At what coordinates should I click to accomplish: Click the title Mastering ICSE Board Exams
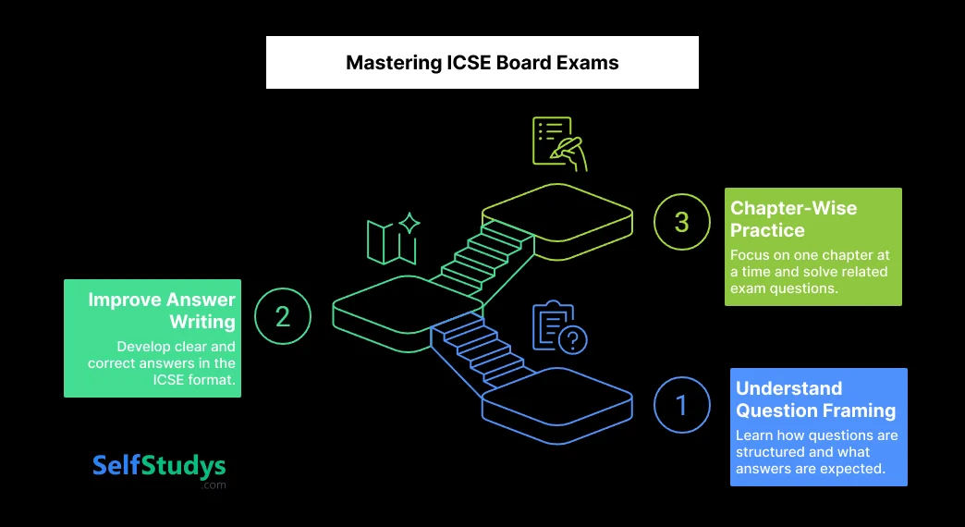click(x=482, y=63)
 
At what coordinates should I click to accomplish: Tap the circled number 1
click(x=682, y=405)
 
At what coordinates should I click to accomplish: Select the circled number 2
click(x=283, y=316)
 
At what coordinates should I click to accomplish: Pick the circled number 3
click(x=682, y=222)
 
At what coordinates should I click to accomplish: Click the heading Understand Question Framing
click(x=815, y=399)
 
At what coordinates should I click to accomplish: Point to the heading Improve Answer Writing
click(x=162, y=311)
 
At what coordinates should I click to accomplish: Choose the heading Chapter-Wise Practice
click(x=793, y=219)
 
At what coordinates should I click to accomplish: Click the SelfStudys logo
click(x=159, y=466)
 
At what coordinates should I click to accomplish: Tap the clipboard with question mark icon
click(x=559, y=327)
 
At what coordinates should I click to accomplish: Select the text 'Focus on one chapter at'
click(x=809, y=255)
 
